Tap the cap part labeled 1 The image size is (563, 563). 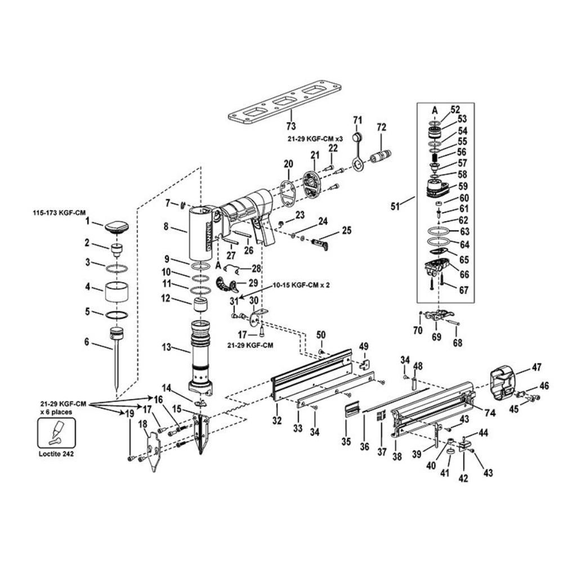(x=117, y=227)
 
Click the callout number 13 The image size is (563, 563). (x=166, y=348)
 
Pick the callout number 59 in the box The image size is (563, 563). (x=462, y=185)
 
